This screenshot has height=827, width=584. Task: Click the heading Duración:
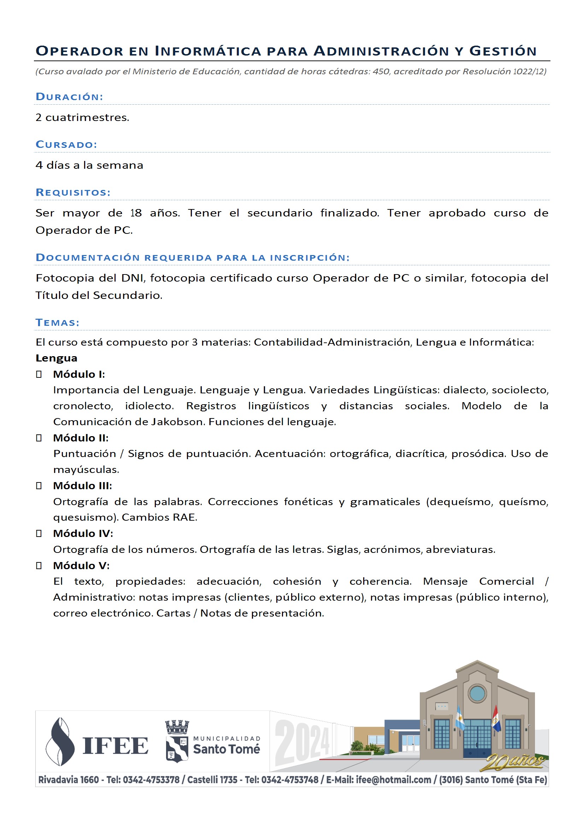[69, 97]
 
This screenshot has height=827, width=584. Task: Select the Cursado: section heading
[66, 144]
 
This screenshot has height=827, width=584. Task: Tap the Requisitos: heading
[73, 192]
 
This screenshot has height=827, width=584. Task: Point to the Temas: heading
[57, 322]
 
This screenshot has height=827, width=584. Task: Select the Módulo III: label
[82, 486]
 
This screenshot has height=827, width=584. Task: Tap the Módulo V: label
[81, 566]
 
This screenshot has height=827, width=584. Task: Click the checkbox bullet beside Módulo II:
[39, 438]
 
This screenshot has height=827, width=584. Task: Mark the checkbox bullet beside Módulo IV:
[39, 533]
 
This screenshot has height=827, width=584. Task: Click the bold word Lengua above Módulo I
[57, 358]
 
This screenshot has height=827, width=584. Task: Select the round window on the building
[477, 693]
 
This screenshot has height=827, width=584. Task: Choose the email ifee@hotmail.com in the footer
[393, 780]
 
